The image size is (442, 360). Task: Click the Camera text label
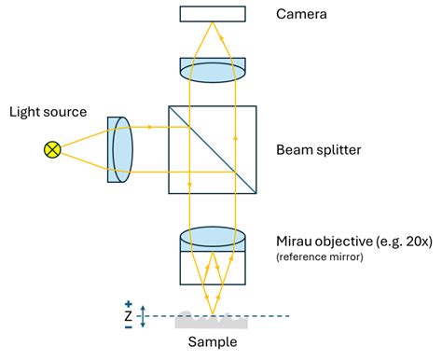click(x=301, y=14)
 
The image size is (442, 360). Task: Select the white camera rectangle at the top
click(x=213, y=14)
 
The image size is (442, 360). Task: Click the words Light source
click(x=48, y=113)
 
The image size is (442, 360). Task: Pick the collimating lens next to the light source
click(x=120, y=148)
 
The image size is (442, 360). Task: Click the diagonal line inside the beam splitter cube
click(x=213, y=149)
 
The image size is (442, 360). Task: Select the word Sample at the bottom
click(x=212, y=342)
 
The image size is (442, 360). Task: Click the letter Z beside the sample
click(x=128, y=317)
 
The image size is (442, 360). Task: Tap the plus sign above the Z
click(x=128, y=304)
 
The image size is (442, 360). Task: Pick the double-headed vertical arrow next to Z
click(x=143, y=317)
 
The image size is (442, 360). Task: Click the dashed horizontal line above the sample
click(x=270, y=317)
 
